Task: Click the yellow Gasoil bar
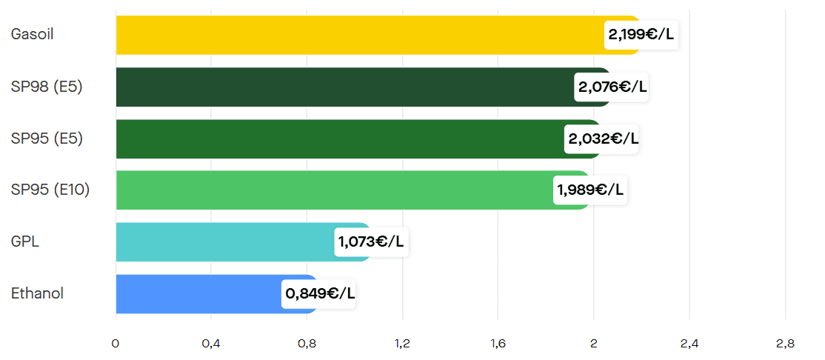pyautogui.click(x=355, y=35)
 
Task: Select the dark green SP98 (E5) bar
pyautogui.click(x=341, y=87)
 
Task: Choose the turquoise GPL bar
pyautogui.click(x=222, y=242)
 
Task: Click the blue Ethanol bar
pyautogui.click(x=196, y=294)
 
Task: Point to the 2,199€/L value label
pyautogui.click(x=641, y=35)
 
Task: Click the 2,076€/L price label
pyautogui.click(x=612, y=87)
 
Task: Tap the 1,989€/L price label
pyautogui.click(x=590, y=190)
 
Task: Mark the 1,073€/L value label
pyautogui.click(x=371, y=242)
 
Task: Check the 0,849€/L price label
pyautogui.click(x=320, y=294)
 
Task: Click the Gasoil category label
pyautogui.click(x=32, y=35)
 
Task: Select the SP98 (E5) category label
pyautogui.click(x=47, y=87)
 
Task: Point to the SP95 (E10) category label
pyautogui.click(x=50, y=190)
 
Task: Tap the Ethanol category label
pyautogui.click(x=37, y=294)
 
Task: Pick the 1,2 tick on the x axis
pyautogui.click(x=402, y=344)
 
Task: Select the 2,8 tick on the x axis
pyautogui.click(x=785, y=344)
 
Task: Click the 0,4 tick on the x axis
pyautogui.click(x=211, y=344)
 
